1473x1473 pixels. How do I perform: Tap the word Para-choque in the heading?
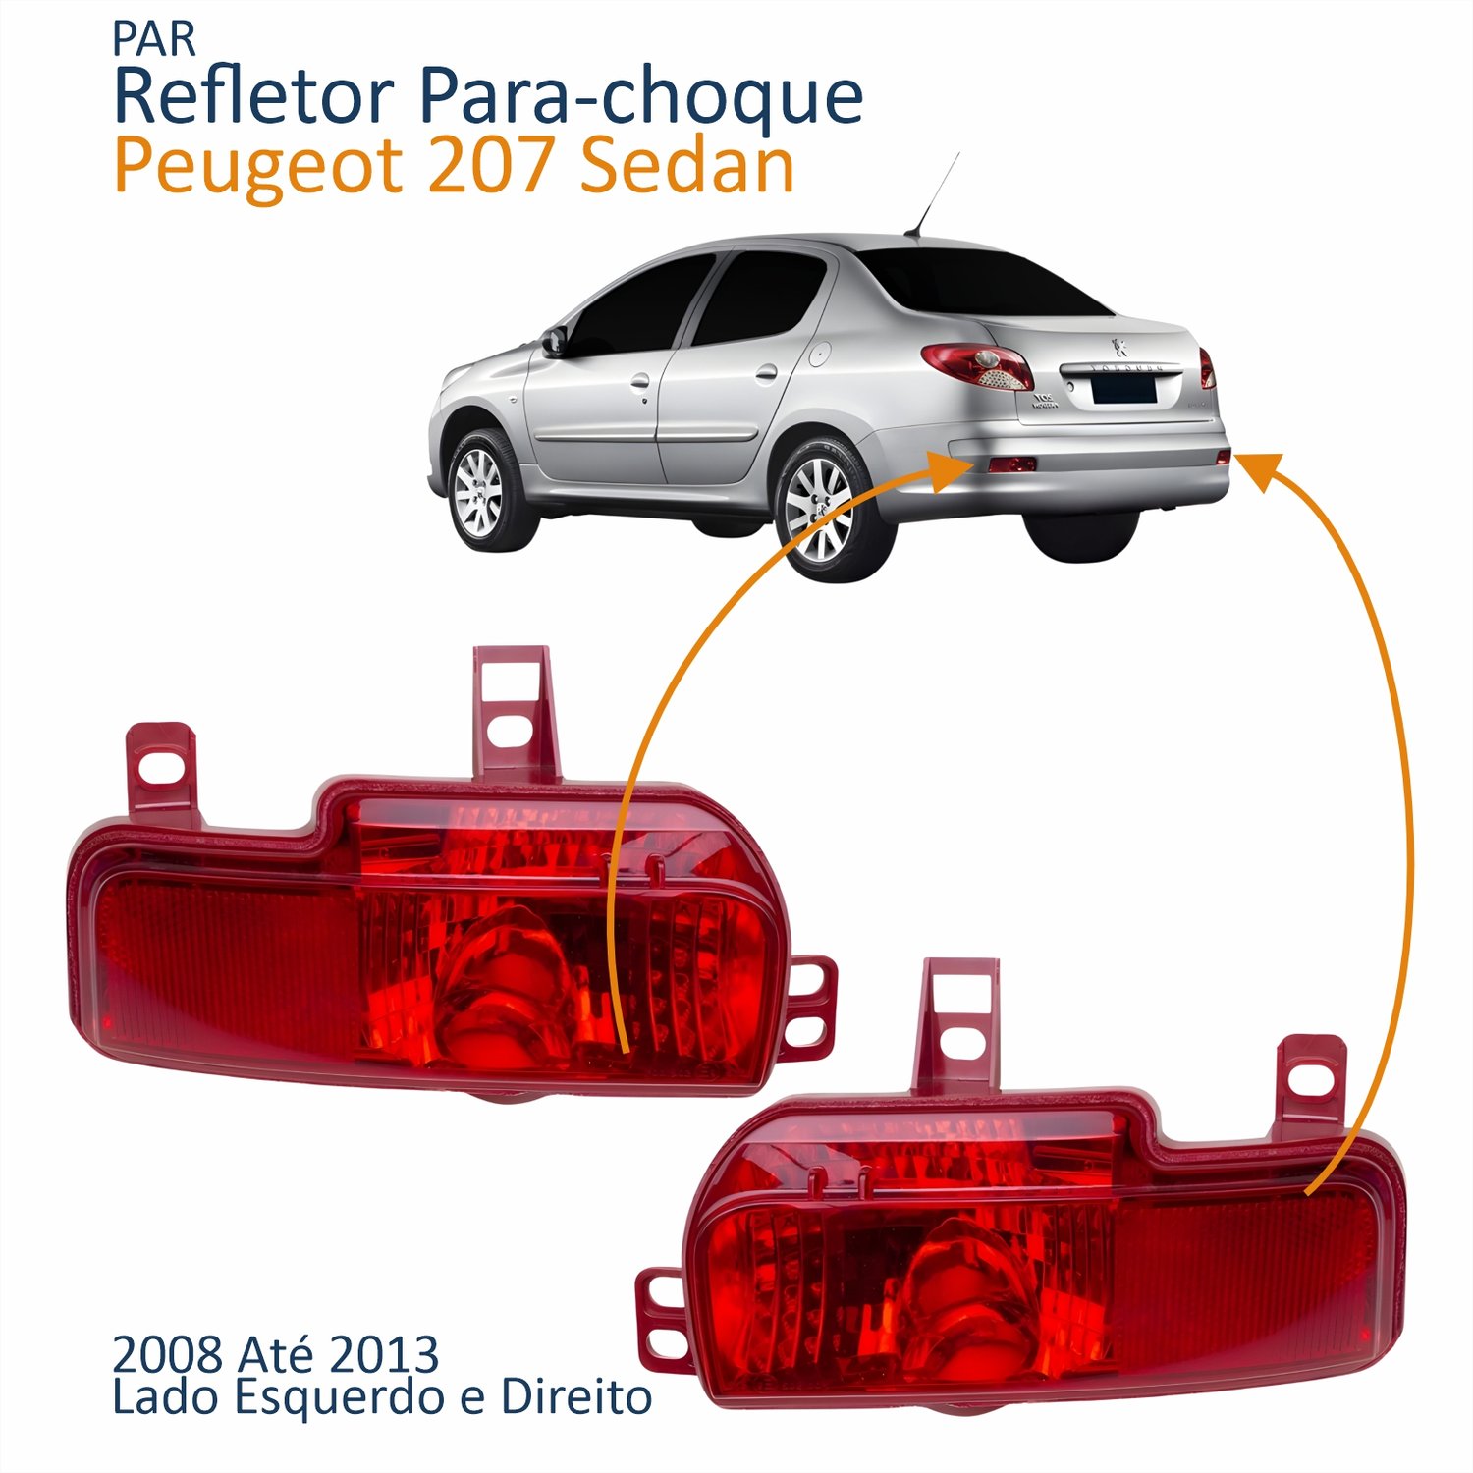(639, 98)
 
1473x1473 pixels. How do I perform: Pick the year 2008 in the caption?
(167, 1355)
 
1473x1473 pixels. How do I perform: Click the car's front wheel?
(480, 490)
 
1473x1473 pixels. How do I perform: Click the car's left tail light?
(978, 364)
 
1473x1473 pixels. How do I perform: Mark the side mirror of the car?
(556, 341)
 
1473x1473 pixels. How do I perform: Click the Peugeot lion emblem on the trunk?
(1117, 346)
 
